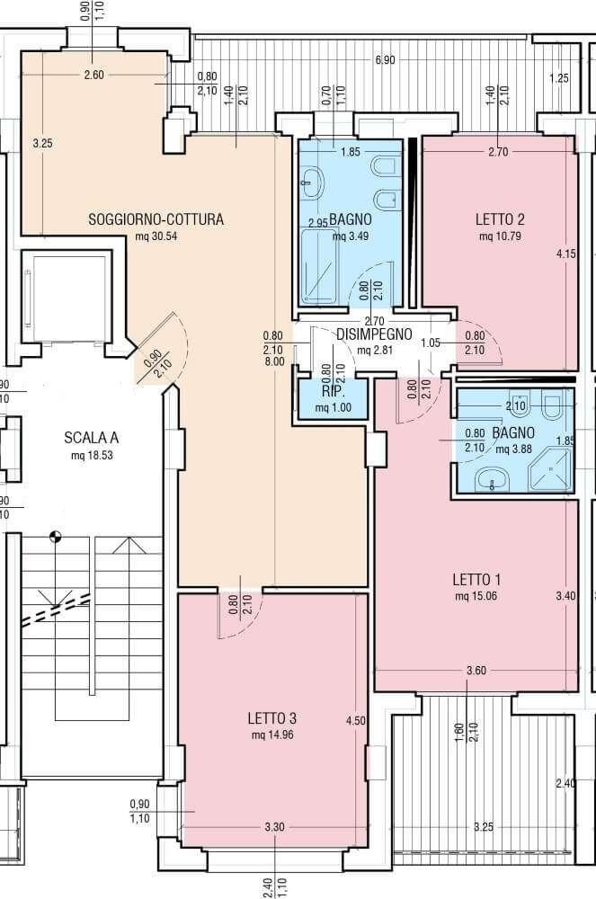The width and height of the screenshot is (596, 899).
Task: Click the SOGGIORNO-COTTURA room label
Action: pyautogui.click(x=156, y=219)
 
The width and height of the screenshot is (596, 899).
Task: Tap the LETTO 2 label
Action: pyautogui.click(x=500, y=219)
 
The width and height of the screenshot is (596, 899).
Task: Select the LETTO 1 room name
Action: pyautogui.click(x=476, y=579)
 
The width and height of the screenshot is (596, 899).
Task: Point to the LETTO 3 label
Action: pyautogui.click(x=272, y=717)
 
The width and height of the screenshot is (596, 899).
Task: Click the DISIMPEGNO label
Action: pyautogui.click(x=374, y=334)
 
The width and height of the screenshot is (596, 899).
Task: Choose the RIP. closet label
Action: pyautogui.click(x=333, y=392)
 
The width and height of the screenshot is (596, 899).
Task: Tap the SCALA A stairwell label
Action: pyautogui.click(x=91, y=438)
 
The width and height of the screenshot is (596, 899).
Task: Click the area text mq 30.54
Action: pyautogui.click(x=156, y=236)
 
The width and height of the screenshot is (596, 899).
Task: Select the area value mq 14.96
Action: pyautogui.click(x=272, y=734)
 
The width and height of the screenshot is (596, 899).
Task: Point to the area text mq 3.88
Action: pyautogui.click(x=514, y=449)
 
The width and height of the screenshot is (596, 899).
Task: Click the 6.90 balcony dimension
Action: pyautogui.click(x=385, y=59)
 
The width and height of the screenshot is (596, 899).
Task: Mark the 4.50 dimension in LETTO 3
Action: pyautogui.click(x=356, y=721)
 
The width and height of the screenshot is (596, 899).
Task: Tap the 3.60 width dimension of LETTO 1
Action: pyautogui.click(x=476, y=671)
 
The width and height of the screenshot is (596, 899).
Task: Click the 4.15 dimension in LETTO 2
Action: pyautogui.click(x=566, y=254)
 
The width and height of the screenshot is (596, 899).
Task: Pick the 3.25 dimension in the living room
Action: pyautogui.click(x=42, y=143)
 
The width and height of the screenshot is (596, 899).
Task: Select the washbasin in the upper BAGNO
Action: pyautogui.click(x=312, y=182)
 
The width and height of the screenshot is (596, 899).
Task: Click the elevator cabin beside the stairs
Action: pyautogui.click(x=68, y=298)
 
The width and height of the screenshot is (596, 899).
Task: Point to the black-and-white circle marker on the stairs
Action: pyautogui.click(x=55, y=538)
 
